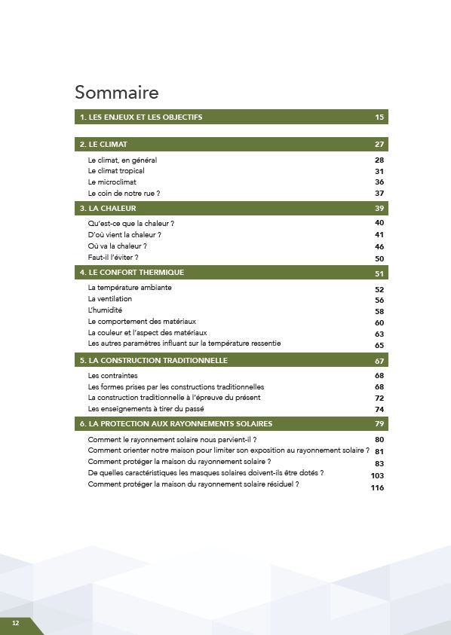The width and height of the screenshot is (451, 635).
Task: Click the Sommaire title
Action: (117, 93)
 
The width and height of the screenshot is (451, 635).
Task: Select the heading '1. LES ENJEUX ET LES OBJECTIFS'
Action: (141, 118)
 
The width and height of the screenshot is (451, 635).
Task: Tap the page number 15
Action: (379, 118)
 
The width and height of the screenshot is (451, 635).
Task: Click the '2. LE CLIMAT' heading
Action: (103, 144)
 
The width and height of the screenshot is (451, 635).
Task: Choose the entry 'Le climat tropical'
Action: (116, 171)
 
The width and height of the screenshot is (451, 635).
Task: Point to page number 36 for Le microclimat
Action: (379, 182)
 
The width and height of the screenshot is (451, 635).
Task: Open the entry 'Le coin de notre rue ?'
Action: (124, 194)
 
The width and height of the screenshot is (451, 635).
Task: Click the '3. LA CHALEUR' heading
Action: (108, 208)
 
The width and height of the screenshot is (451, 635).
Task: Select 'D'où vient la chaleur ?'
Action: (124, 235)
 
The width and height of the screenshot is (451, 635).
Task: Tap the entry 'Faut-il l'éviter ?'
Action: (113, 258)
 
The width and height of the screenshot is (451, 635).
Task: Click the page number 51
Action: (379, 273)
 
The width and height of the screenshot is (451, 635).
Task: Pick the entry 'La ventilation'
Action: (110, 299)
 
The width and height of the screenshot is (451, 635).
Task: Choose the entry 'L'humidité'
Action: (105, 310)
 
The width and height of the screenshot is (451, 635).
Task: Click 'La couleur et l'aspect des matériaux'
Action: (147, 333)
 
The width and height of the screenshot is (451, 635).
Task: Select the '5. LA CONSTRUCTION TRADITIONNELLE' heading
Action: (153, 361)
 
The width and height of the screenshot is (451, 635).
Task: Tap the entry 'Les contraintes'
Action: (113, 376)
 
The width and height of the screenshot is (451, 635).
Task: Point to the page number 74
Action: (379, 410)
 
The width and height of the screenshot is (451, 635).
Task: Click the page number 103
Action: (377, 476)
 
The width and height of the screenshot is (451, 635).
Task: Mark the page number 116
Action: (377, 488)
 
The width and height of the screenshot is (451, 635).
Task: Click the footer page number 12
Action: (15, 624)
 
